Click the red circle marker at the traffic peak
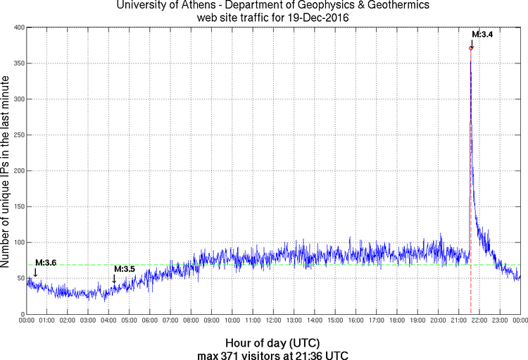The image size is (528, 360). pos(470,48)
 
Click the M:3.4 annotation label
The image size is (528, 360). pos(482,34)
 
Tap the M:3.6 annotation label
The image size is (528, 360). pos(46,263)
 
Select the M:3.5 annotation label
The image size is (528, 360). pos(124,269)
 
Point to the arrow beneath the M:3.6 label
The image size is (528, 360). pos(35,272)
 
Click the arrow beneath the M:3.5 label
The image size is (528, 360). pos(114,279)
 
